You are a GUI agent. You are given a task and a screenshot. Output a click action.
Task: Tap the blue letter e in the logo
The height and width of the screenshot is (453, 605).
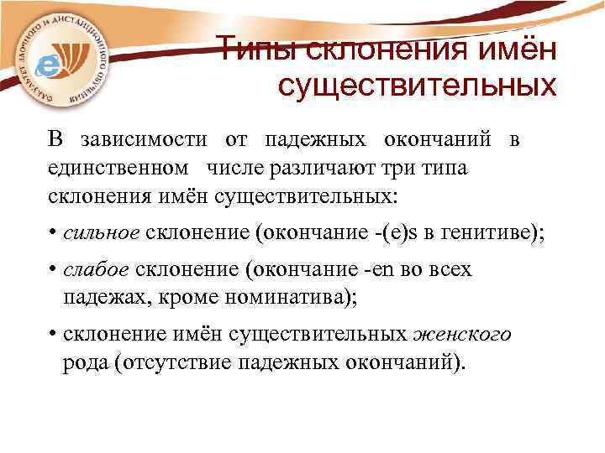click(x=53, y=64)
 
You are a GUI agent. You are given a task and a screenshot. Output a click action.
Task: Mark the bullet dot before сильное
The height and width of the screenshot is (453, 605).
click(x=52, y=234)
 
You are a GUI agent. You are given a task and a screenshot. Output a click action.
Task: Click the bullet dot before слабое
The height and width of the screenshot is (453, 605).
click(x=52, y=271)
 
